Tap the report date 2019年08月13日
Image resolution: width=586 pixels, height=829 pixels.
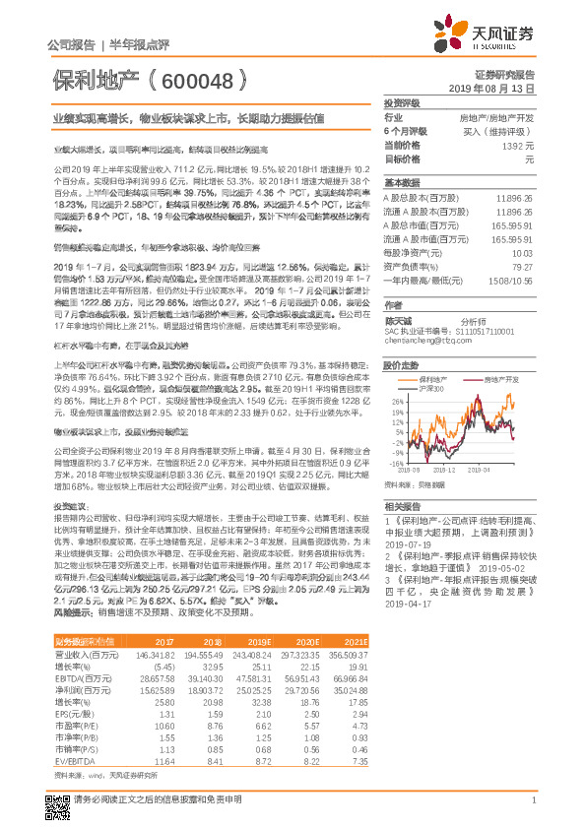496,89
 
